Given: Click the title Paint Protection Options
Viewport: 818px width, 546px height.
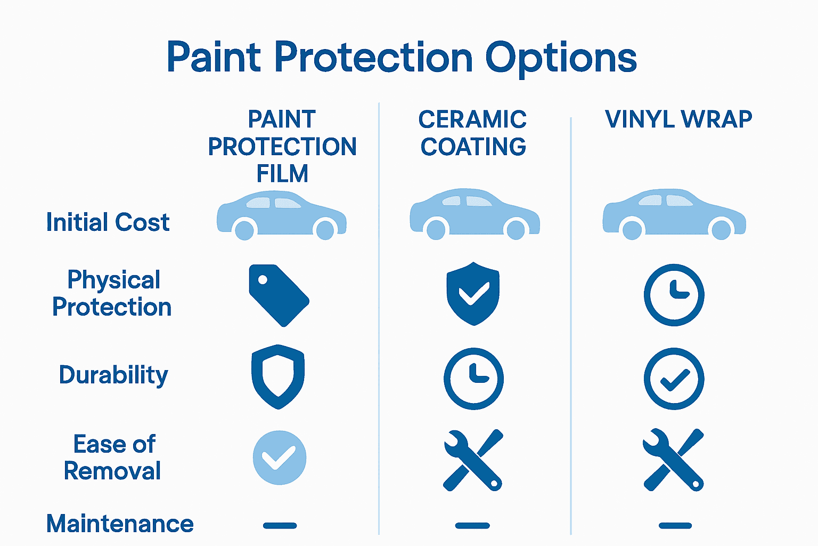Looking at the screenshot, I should coord(402,58).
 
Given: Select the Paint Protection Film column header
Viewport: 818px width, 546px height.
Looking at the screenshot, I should coord(282,146).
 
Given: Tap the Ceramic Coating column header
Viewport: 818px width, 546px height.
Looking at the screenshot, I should coord(473,133).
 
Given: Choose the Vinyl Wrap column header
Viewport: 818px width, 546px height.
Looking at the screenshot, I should coord(678,119).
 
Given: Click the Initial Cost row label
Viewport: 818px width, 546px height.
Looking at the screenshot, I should coord(108,222).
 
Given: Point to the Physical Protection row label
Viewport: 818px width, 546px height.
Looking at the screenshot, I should coord(112,293).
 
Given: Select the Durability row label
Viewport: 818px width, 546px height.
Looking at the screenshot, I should coord(113,375).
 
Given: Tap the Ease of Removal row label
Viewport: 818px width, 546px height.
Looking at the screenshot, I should coord(113,457).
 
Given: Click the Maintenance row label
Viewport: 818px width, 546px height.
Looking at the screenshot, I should coord(120,524).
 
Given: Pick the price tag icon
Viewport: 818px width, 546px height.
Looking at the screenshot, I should coord(279,295).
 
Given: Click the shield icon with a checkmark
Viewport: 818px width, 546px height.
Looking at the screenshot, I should coord(473,293).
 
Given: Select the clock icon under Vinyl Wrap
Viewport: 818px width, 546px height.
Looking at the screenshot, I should coord(674,295).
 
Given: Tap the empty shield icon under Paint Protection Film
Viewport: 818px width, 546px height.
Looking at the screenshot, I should coord(278,376).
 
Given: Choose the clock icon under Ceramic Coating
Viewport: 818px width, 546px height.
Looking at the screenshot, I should coord(473,378).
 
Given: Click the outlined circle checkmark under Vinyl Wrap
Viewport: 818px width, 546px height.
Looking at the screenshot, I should coord(674,379).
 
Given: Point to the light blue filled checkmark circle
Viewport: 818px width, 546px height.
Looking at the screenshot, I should coord(280,457).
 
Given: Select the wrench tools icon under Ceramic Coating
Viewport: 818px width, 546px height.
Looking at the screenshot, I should coord(473,460).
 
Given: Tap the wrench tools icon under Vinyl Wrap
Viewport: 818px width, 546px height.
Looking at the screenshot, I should coord(674,460).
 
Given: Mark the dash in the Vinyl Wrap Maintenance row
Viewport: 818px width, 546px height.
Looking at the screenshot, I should coord(675,526).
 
